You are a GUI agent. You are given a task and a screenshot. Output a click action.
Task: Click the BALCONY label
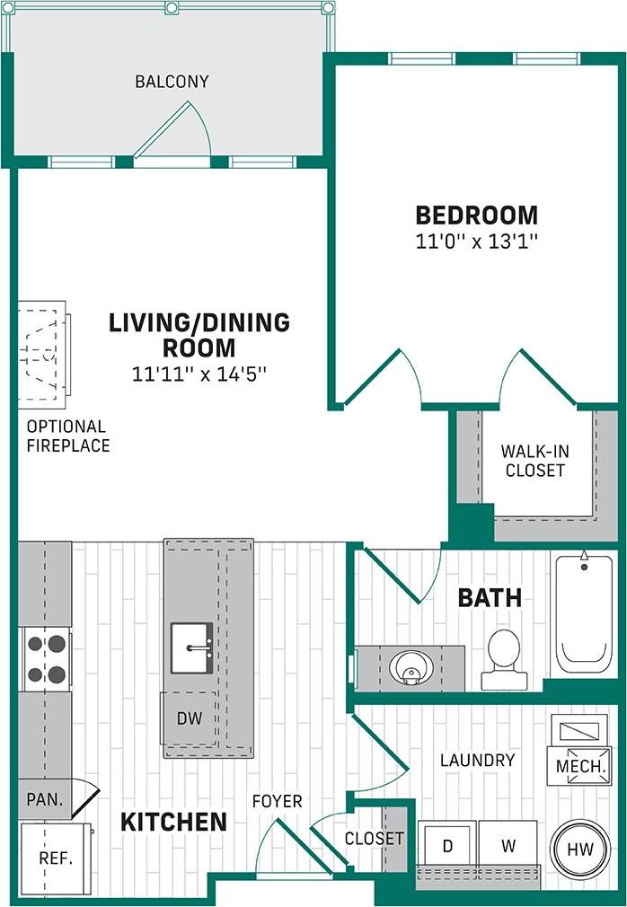172,82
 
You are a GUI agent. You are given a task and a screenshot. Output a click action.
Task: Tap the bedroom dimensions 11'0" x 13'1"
476,241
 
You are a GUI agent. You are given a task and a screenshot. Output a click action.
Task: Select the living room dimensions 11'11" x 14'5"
199,373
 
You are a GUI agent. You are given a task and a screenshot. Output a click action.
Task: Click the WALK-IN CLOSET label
534,460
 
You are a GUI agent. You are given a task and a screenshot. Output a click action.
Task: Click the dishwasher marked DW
189,718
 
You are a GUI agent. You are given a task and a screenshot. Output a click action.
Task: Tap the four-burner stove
46,658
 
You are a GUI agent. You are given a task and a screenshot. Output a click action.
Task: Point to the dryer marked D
446,846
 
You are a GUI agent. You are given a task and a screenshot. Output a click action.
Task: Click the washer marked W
508,846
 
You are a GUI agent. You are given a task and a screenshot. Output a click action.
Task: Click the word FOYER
277,800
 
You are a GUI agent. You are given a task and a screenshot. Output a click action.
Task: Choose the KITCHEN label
173,821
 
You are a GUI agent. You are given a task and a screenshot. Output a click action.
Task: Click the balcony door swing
175,130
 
